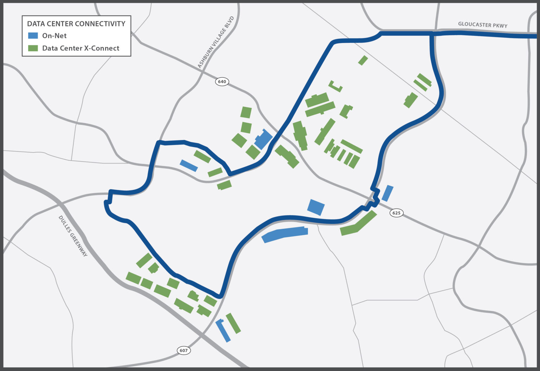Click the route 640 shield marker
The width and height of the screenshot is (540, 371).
point(222,82)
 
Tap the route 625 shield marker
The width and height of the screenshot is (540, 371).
point(396,213)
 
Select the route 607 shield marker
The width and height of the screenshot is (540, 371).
point(184,350)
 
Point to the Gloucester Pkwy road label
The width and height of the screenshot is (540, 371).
point(482,25)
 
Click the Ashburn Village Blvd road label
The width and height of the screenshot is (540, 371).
point(216,42)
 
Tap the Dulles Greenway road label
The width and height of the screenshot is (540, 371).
point(73,236)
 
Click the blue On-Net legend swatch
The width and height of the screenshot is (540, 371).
point(33,36)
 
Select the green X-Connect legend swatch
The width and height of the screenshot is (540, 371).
point(33,48)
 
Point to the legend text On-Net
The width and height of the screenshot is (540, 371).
point(54,36)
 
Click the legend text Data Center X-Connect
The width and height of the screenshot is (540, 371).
point(81,48)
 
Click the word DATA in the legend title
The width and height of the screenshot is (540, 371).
point(36,24)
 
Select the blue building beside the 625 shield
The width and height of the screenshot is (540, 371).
point(387,193)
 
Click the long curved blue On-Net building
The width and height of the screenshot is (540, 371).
point(285,234)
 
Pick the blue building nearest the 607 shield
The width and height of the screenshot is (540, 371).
point(223,330)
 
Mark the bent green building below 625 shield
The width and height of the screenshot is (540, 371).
point(359,224)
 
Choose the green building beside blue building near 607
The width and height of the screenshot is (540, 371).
point(233,323)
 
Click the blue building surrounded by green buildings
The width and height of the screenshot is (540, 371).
point(263,139)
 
